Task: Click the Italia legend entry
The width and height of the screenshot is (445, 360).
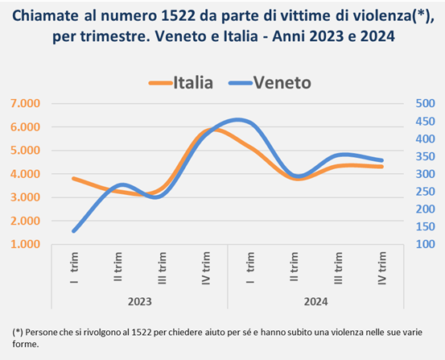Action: click(181, 83)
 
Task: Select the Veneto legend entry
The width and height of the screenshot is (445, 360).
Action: click(270, 83)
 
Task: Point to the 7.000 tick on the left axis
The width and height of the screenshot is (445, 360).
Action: click(25, 103)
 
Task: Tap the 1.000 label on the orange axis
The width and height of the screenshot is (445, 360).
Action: click(25, 244)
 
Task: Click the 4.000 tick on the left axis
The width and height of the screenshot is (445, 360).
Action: click(25, 174)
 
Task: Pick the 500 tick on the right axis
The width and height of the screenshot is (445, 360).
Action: click(425, 103)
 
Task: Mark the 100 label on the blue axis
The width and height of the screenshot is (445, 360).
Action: click(425, 244)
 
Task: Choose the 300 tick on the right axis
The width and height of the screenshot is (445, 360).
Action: click(425, 174)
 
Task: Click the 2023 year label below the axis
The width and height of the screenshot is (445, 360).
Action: click(140, 301)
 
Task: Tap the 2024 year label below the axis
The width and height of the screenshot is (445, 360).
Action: click(316, 301)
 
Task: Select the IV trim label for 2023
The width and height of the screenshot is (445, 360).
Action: click(206, 268)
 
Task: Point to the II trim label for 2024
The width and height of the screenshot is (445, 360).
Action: click(295, 267)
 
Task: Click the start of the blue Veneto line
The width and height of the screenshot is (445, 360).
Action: click(74, 231)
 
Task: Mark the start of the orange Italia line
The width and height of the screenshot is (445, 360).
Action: click(74, 179)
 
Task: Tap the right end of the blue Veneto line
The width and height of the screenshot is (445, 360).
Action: click(381, 160)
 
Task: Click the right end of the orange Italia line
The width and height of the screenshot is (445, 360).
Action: click(381, 167)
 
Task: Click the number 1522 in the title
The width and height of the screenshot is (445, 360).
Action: click(178, 16)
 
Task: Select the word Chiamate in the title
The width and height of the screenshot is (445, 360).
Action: click(45, 16)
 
